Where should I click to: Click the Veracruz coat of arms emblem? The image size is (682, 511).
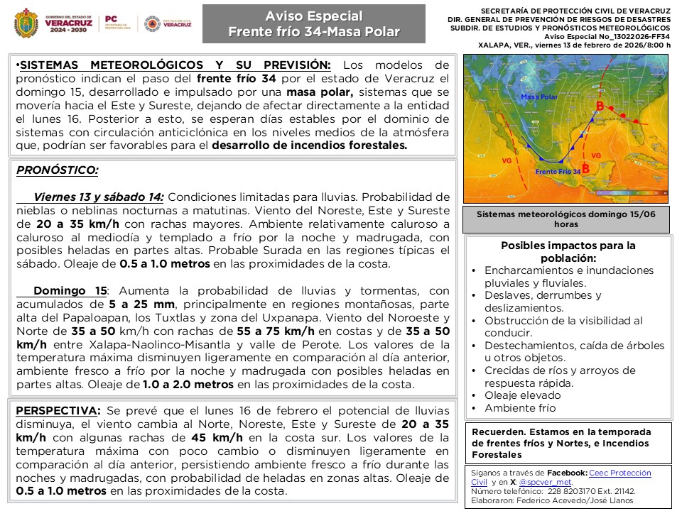pos(28,23)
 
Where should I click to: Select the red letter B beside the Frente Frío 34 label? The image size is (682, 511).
pos(585,168)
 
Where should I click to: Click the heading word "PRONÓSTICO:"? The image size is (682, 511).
pos(57,170)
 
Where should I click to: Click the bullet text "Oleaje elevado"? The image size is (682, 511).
pos(522,395)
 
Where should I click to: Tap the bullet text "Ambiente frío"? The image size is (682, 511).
pos(520,408)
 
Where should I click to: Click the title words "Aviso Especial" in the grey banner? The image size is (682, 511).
pos(313,16)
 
